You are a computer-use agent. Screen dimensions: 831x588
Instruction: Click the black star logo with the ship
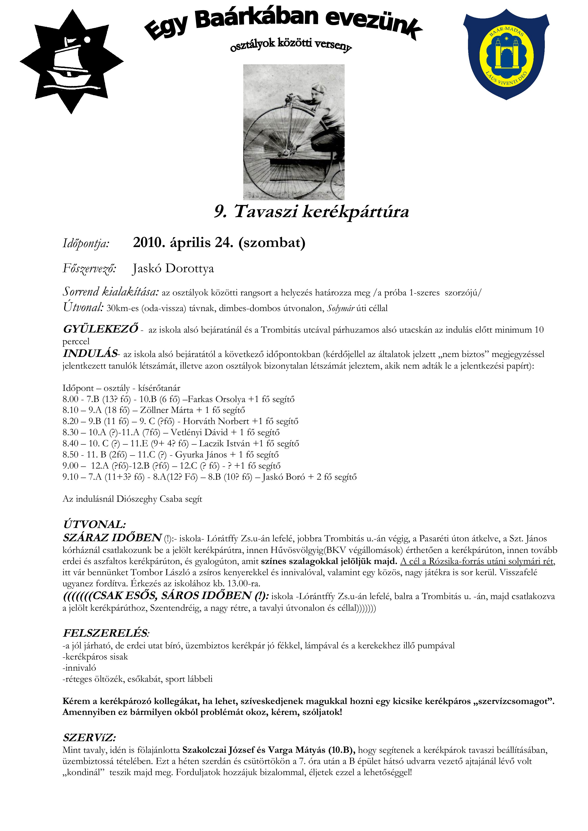point(72,62)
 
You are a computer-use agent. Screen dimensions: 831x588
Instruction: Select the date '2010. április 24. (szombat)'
point(219,243)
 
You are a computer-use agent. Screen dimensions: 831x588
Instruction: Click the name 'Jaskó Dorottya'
point(173,269)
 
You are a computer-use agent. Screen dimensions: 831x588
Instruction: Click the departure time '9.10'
point(70,477)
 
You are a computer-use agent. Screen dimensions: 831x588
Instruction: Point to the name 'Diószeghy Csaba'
point(148,499)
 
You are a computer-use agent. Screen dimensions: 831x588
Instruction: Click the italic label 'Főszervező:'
point(89,269)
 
